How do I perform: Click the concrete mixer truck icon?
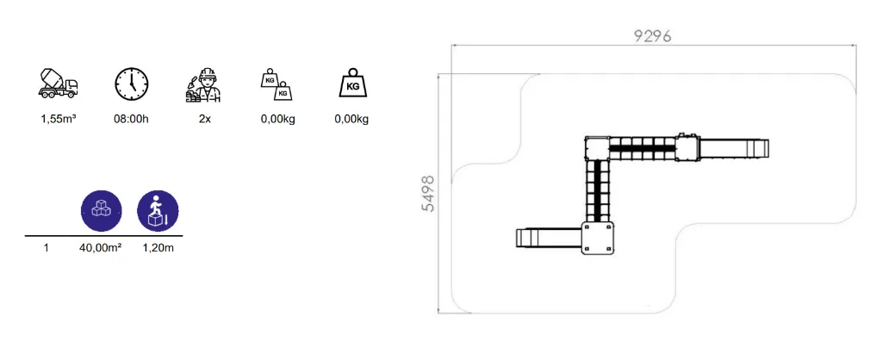(58, 84)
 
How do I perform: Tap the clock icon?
(132, 84)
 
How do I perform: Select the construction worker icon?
(203, 85)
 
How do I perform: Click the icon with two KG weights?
(276, 84)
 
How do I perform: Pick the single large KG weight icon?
(352, 84)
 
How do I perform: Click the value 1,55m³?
(59, 120)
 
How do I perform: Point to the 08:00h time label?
(132, 120)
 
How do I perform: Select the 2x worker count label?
(204, 120)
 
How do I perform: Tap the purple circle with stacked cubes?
(102, 211)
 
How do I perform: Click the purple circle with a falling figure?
(158, 211)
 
